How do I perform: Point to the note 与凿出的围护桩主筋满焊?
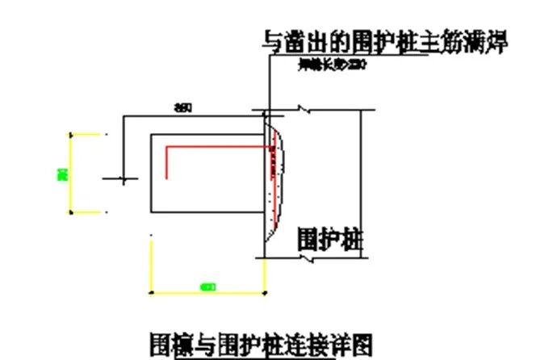pyautogui.click(x=386, y=42)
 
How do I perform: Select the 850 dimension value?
pyautogui.click(x=183, y=108)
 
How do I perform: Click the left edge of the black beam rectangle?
pyautogui.click(x=152, y=174)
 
